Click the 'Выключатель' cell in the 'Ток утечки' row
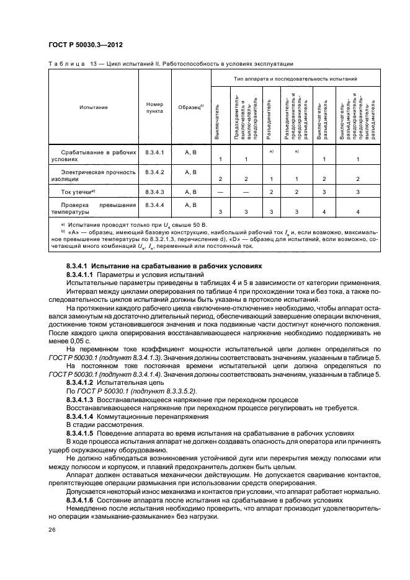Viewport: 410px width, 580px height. click(221, 193)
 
